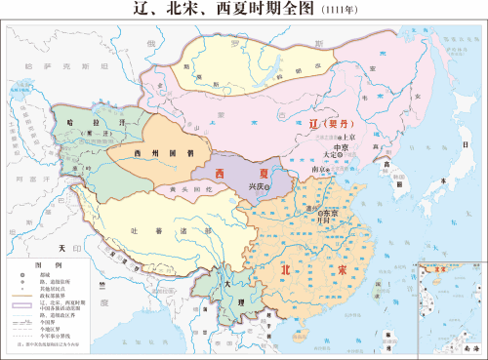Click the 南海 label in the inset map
(x=471, y=346)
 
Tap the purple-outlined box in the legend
(x=22, y=306)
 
